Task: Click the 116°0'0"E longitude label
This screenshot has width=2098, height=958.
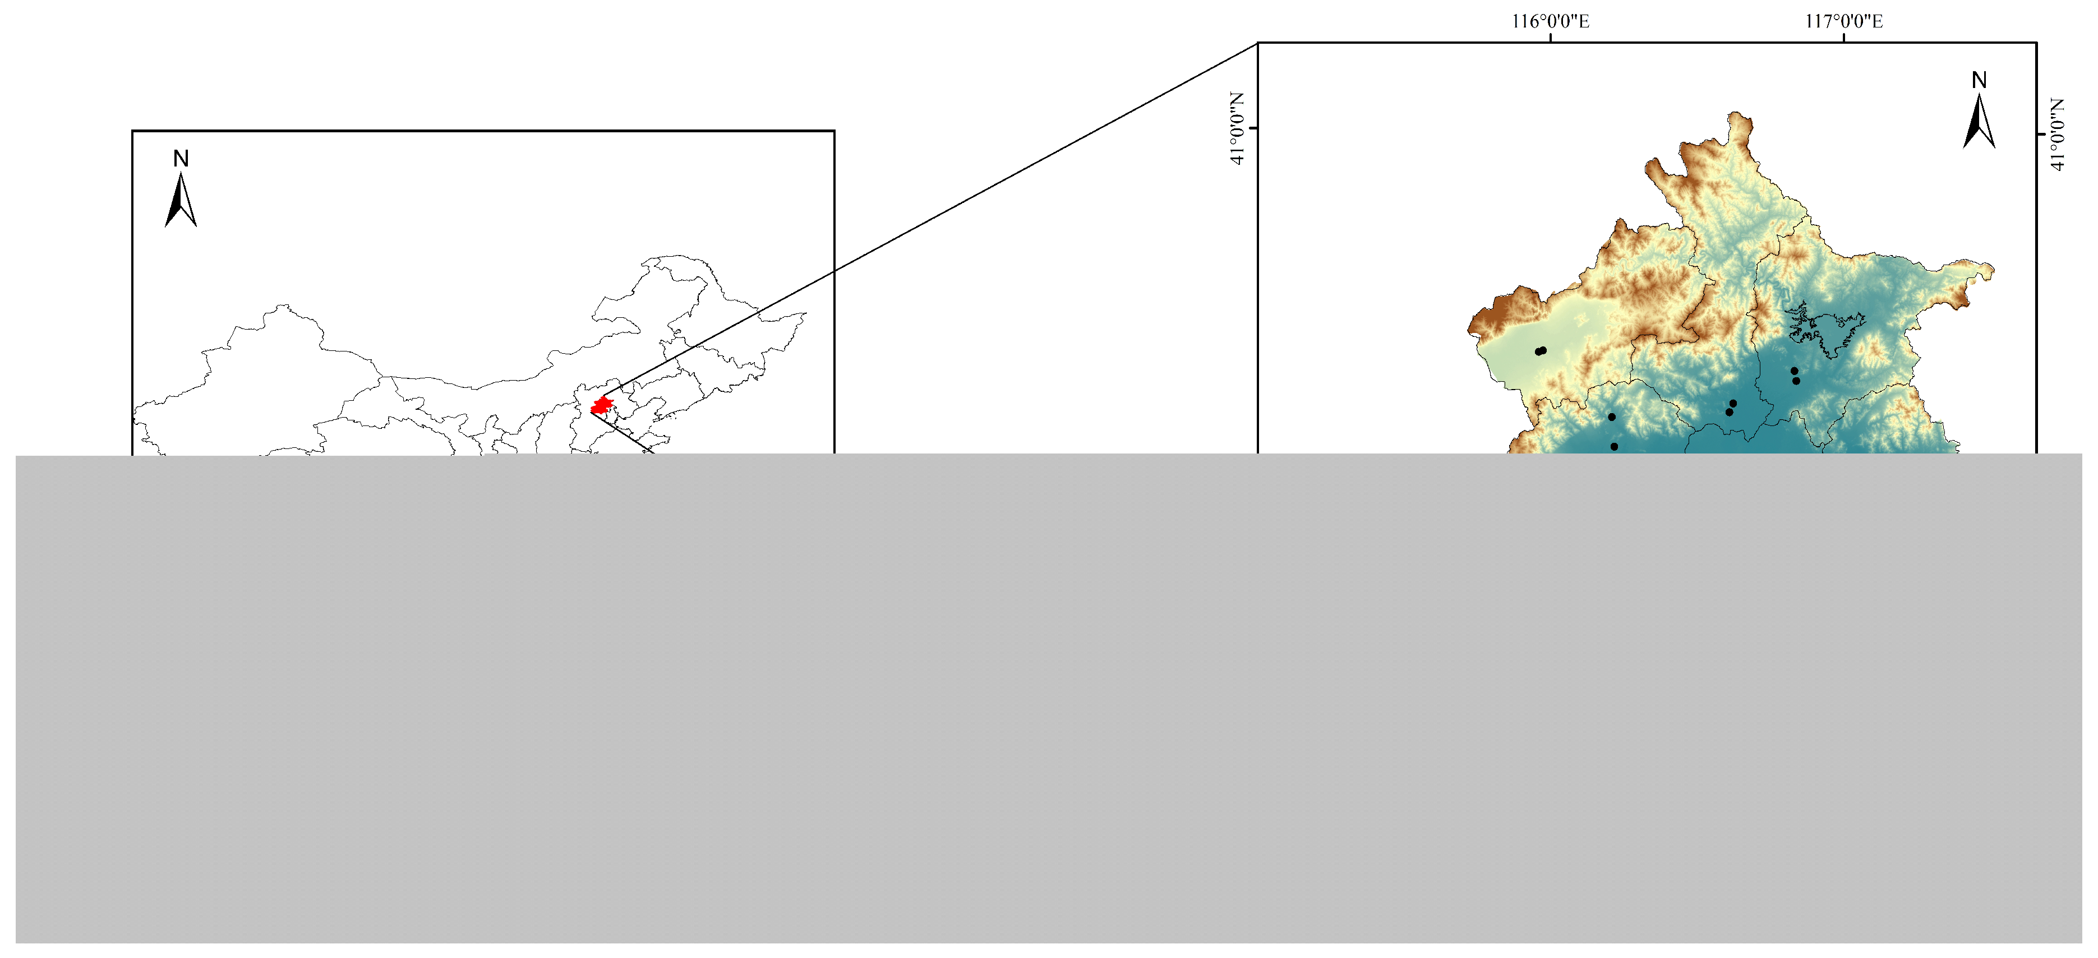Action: point(1550,21)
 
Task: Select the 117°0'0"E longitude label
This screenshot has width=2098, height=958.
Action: point(1844,21)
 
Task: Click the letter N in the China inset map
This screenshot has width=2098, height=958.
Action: point(181,159)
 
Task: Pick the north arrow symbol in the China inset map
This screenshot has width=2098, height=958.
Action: point(181,200)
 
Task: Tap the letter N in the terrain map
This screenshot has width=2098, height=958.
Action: point(1979,80)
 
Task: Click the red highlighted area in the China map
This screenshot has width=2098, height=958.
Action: point(601,405)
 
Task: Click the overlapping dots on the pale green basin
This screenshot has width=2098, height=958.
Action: point(1540,351)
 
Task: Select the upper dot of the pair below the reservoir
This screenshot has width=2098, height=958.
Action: point(1793,371)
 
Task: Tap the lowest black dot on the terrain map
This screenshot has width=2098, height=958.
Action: point(1614,446)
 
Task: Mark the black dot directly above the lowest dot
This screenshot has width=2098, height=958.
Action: point(1611,416)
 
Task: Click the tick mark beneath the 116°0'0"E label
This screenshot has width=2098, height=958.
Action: point(1550,38)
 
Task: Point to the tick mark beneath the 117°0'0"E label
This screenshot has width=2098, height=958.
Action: point(1844,38)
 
